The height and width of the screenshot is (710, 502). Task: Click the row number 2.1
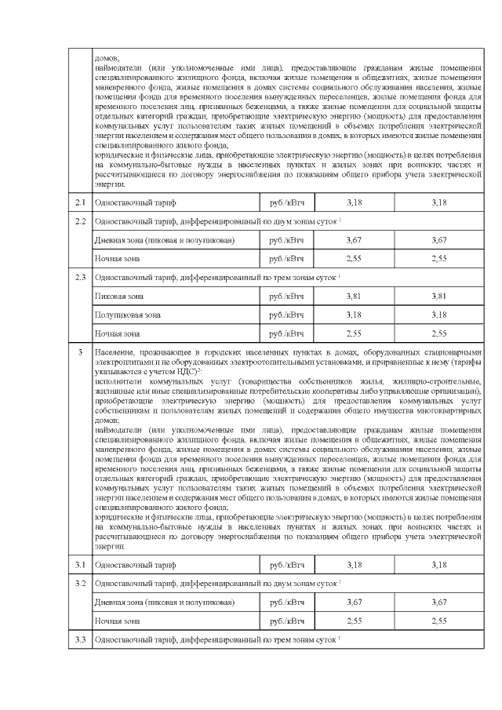click(79, 203)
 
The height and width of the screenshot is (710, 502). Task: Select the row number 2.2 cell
click(79, 222)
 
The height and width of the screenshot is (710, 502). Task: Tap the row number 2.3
click(79, 278)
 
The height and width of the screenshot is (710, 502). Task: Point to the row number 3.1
click(79, 565)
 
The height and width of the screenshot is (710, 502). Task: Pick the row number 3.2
click(79, 584)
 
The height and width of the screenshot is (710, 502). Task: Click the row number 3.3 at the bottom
click(79, 640)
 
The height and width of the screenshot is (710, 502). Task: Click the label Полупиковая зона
click(127, 315)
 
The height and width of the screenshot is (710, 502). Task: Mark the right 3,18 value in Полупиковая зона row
click(439, 315)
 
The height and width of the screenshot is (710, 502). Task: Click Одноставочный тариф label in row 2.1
click(129, 203)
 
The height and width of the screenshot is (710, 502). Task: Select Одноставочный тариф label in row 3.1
click(129, 565)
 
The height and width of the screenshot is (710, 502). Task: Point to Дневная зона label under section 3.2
click(164, 602)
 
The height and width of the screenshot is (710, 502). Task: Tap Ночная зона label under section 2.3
click(115, 333)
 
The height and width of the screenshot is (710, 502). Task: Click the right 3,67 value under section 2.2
click(439, 240)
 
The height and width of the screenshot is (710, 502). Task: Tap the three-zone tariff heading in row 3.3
click(216, 640)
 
